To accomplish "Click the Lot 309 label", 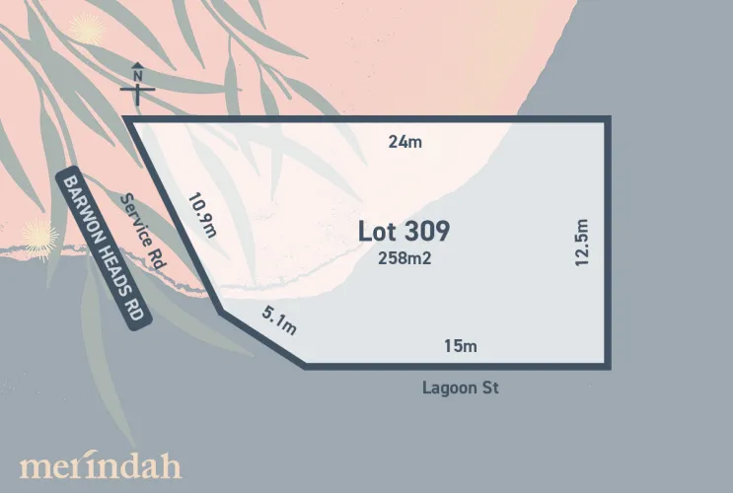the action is coord(403,233).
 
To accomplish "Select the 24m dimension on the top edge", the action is coord(404,142).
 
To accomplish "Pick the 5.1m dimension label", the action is coord(279,320).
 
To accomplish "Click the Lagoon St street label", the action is coord(460,388).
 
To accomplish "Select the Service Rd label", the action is coord(141,233).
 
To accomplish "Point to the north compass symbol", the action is coord(138,90).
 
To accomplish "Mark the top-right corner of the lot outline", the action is coord(608,119).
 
